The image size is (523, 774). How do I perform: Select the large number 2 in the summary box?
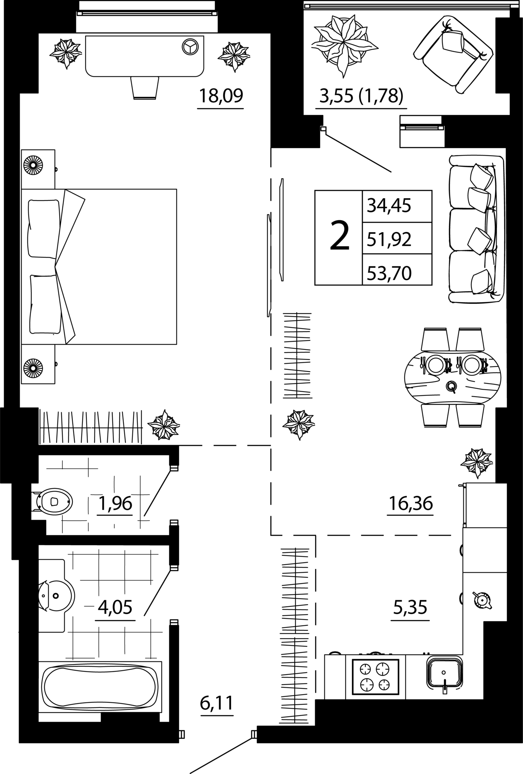click(340, 235)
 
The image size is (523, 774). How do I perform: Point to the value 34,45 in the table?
click(389, 205)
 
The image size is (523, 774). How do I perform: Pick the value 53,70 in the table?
click(389, 273)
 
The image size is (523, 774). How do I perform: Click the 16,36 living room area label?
click(410, 504)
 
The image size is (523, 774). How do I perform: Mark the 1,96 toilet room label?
click(115, 503)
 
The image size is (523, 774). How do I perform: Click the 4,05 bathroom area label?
click(115, 607)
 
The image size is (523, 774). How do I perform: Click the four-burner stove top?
click(375, 676)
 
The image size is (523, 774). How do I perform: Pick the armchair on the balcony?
click(453, 54)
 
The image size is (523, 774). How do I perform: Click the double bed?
click(99, 267)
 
